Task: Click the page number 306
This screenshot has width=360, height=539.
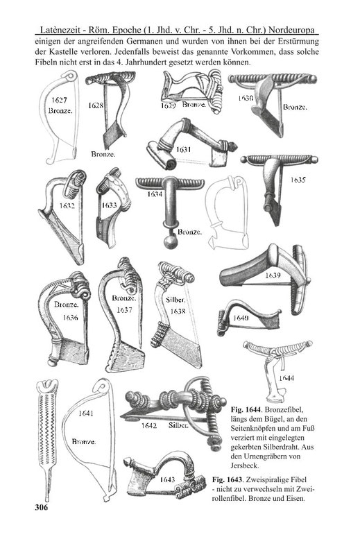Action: coord(41,507)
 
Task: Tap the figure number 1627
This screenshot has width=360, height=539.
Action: coord(59,100)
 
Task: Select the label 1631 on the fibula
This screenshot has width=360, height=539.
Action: coord(183,150)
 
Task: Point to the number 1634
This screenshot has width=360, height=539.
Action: coord(155,194)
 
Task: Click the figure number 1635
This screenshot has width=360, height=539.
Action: coord(298,180)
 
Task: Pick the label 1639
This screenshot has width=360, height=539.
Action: coord(273,275)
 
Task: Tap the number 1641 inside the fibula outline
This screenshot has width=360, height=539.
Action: coord(86,413)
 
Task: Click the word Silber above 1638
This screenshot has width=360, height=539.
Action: coord(175,300)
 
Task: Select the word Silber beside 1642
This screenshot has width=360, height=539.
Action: coord(178,425)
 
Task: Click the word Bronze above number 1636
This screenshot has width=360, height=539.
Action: coord(67,305)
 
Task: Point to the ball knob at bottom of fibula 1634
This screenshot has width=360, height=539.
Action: coord(170,243)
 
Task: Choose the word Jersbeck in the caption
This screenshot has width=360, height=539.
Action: coord(245,465)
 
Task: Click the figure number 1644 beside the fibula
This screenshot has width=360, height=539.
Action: coord(286,378)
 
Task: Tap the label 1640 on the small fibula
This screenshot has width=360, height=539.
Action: coord(241,318)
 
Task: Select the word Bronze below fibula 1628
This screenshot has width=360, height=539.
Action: coord(103,154)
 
